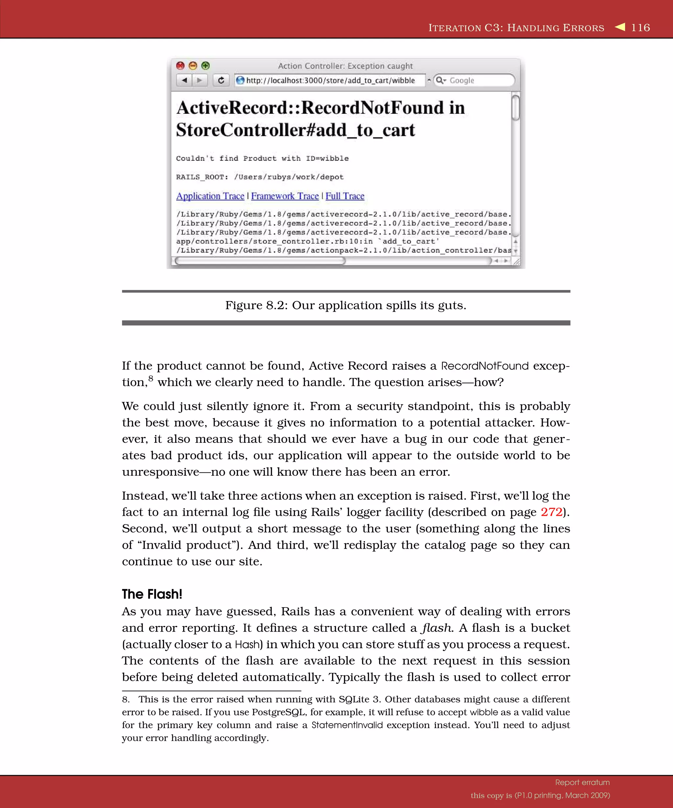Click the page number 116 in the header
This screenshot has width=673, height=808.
click(x=640, y=28)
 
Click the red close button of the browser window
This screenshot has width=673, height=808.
click(x=180, y=65)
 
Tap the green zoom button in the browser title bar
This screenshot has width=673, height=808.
click(x=205, y=65)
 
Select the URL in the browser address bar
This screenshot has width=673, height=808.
click(x=330, y=81)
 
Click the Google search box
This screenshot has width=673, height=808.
click(x=477, y=81)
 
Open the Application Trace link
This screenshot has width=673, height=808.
click(x=210, y=196)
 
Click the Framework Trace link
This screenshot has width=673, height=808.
click(x=285, y=196)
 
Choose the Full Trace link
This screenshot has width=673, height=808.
click(x=345, y=196)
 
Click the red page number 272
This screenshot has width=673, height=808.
click(x=551, y=512)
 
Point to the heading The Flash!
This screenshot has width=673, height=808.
click(x=152, y=594)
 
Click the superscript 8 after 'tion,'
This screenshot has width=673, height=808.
click(x=151, y=378)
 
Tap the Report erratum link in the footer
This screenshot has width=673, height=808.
click(x=582, y=782)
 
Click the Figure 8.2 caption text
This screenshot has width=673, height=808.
click(x=345, y=305)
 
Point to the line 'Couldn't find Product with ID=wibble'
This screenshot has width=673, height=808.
click(x=262, y=158)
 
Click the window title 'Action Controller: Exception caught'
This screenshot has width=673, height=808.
click(x=345, y=66)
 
